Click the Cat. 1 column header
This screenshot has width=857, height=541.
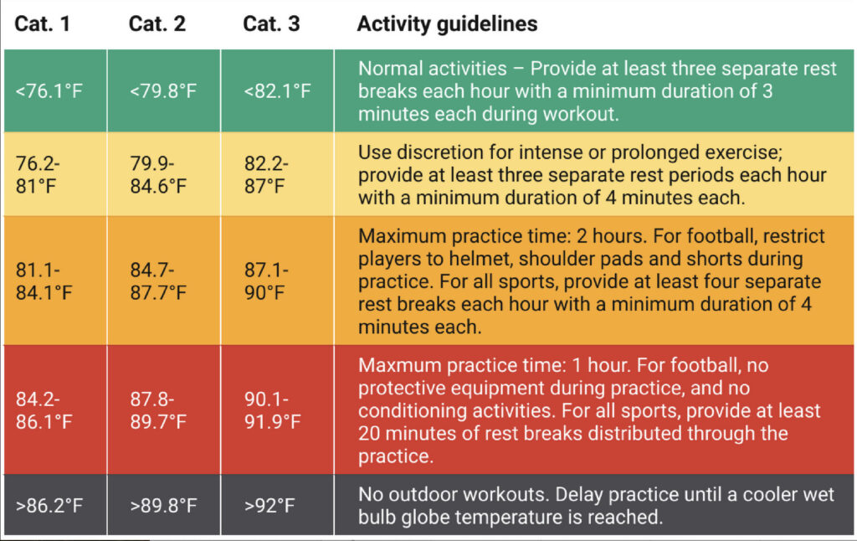(x=43, y=23)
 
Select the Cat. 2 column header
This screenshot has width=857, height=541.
(x=157, y=23)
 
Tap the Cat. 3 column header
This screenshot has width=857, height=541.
(x=271, y=23)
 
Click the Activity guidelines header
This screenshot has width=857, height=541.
(x=447, y=23)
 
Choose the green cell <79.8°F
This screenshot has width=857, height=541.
(x=163, y=90)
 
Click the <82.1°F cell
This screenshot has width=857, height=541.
(x=277, y=90)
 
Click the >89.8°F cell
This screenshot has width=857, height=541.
(x=163, y=505)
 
